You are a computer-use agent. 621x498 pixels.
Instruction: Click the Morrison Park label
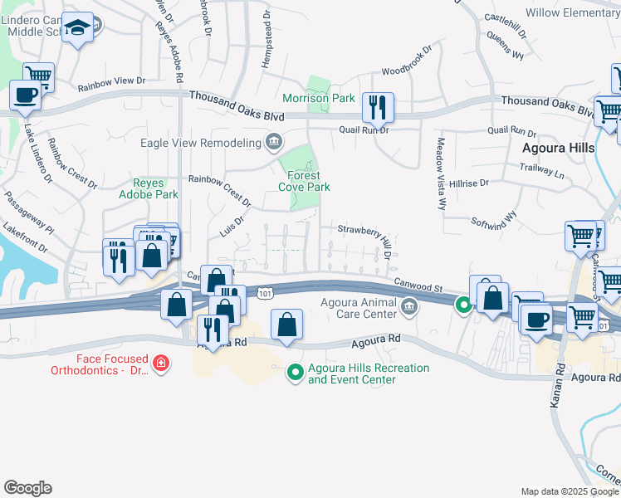[319, 98]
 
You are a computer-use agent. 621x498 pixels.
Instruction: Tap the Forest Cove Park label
[308, 181]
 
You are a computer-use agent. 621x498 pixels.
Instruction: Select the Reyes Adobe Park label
[155, 188]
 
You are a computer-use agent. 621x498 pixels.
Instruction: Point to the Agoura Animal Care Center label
[358, 309]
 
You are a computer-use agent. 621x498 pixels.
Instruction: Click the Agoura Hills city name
[558, 148]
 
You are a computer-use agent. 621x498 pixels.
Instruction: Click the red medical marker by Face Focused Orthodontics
[161, 364]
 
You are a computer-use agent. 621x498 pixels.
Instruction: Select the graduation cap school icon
[78, 30]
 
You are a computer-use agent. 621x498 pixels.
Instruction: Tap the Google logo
[27, 488]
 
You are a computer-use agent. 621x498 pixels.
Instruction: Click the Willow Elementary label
[572, 13]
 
